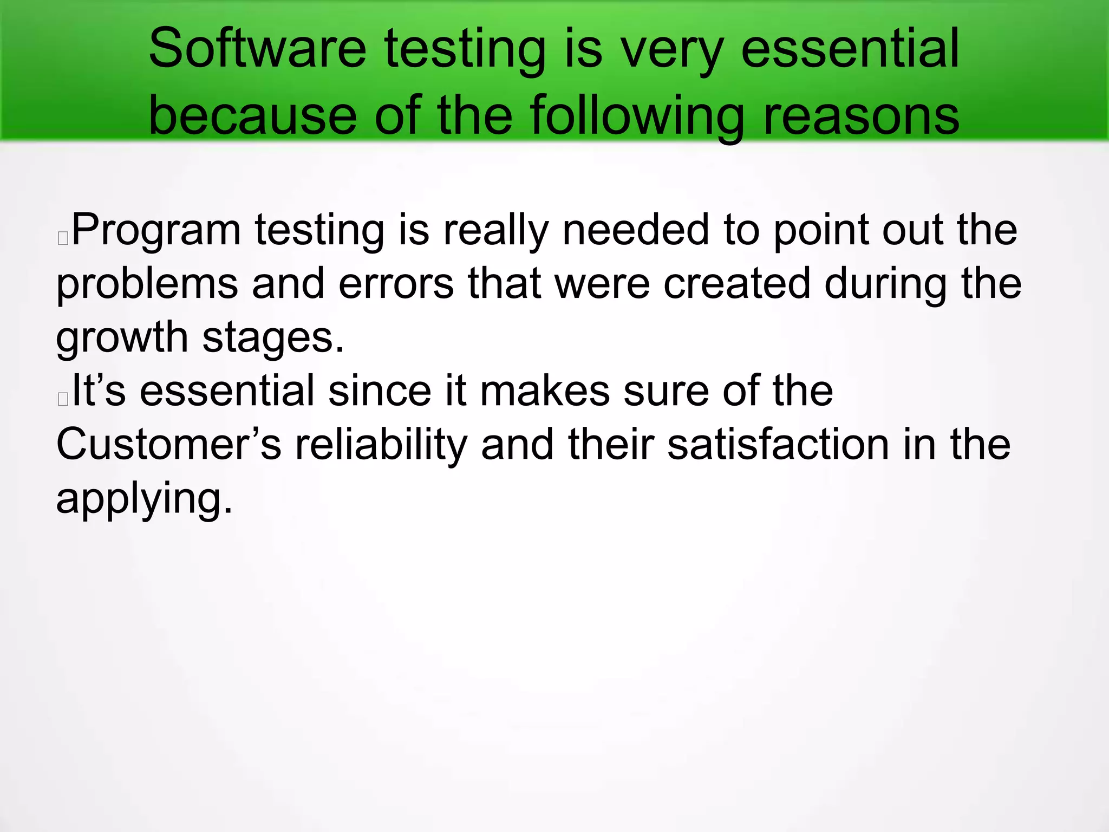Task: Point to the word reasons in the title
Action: pyautogui.click(x=861, y=115)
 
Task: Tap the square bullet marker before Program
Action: pyautogui.click(x=63, y=238)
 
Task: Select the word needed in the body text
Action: pyautogui.click(x=636, y=230)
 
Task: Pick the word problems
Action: pyautogui.click(x=147, y=284)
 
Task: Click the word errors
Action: pyautogui.click(x=396, y=284)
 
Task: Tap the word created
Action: pyautogui.click(x=736, y=284)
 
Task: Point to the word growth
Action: pyautogui.click(x=122, y=338)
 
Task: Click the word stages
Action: pyautogui.click(x=273, y=338)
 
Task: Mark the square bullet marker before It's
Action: pyautogui.click(x=63, y=399)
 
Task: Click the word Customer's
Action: pyautogui.click(x=168, y=445)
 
